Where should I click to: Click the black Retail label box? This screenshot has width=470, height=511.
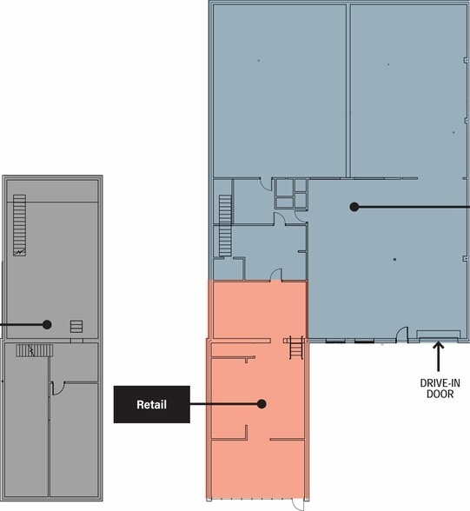click(152, 404)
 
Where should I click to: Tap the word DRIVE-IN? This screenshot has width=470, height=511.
click(440, 383)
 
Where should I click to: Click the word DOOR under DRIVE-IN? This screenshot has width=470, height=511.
click(440, 394)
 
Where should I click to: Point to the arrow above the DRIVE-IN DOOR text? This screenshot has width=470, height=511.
click(439, 356)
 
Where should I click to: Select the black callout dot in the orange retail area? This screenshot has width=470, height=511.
click(261, 404)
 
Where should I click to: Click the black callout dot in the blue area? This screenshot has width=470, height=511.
click(354, 207)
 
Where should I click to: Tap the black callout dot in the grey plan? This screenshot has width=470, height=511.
click(47, 325)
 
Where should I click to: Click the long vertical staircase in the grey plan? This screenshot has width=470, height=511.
click(19, 225)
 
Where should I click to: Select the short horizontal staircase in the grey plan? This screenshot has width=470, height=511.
click(34, 351)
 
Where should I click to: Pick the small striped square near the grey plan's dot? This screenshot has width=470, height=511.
click(76, 326)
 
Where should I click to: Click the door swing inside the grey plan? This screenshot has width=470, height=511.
click(58, 388)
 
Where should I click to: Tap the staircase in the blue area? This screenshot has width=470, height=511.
click(225, 226)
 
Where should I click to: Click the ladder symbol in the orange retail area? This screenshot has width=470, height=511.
click(296, 348)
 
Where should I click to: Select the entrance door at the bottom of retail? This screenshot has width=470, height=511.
click(298, 505)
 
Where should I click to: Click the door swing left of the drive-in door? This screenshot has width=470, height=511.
click(401, 335)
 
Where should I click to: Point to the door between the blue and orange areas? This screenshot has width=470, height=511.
click(276, 275)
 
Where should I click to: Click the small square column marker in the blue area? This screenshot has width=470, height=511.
click(394, 259)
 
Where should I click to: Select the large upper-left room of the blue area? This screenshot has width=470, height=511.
click(279, 90)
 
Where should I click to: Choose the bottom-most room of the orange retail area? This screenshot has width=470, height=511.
click(258, 468)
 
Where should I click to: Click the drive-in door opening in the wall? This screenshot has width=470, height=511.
click(439, 339)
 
